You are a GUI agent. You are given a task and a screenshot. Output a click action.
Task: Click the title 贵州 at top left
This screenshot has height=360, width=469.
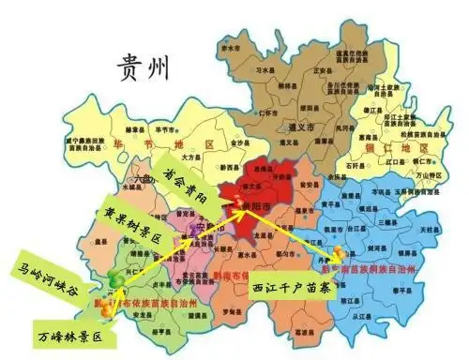(143, 67)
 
